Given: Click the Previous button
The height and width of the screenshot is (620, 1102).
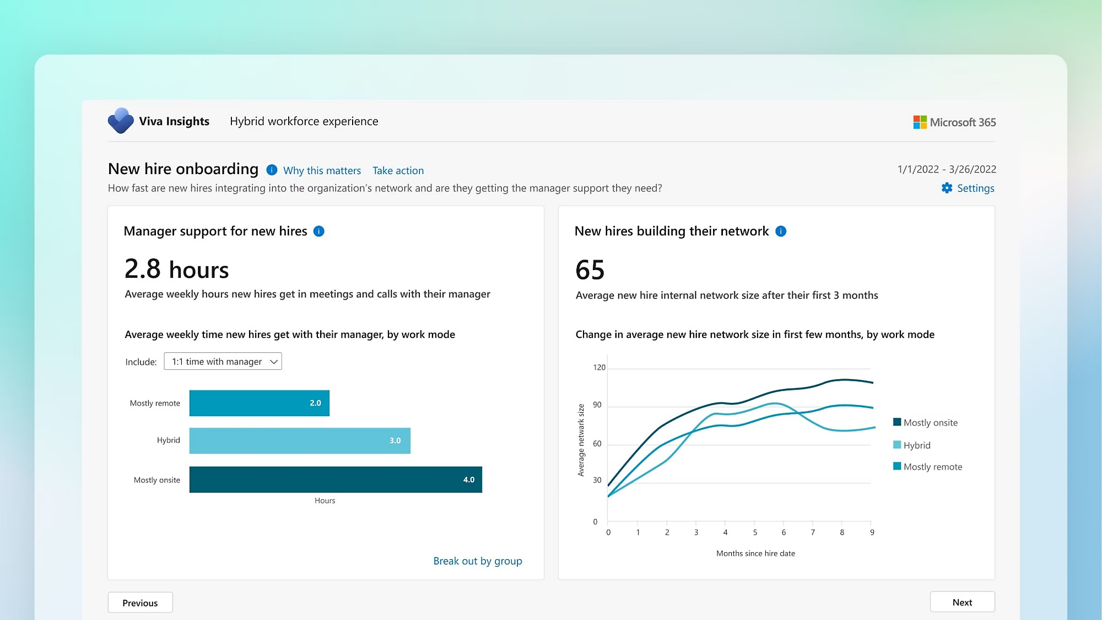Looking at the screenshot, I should click(x=140, y=602).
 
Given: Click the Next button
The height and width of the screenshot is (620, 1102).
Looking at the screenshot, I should click(x=962, y=602).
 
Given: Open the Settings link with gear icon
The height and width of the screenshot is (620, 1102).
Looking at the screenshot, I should click(x=968, y=188).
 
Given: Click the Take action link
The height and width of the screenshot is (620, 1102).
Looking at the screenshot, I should click(x=398, y=170).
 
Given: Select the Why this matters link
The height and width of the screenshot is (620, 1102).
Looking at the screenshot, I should click(x=322, y=170).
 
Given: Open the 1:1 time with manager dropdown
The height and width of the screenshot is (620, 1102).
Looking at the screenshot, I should click(x=223, y=362).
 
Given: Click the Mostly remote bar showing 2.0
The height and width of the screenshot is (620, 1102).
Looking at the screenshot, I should click(x=259, y=403).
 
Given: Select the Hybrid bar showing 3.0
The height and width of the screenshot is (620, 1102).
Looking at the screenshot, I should click(x=300, y=440).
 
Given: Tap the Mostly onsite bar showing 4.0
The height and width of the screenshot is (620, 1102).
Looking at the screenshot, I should click(x=336, y=479).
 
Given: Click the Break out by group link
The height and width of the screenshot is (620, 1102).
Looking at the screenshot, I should click(x=477, y=560).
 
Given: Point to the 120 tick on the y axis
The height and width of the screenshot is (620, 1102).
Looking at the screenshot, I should click(x=599, y=368).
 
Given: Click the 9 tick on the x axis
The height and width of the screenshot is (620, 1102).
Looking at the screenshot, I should click(x=872, y=532).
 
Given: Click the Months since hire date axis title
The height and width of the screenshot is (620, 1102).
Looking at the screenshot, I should click(x=755, y=553).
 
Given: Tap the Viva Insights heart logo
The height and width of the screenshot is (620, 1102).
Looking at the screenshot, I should click(x=121, y=121).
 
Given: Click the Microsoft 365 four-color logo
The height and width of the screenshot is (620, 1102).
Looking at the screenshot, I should click(x=920, y=122).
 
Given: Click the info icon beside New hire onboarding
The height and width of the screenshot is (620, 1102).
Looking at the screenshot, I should click(x=272, y=170).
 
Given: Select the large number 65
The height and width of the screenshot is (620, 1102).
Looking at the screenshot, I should click(x=590, y=270).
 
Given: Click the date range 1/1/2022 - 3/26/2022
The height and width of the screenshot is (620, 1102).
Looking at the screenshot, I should click(x=946, y=169).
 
